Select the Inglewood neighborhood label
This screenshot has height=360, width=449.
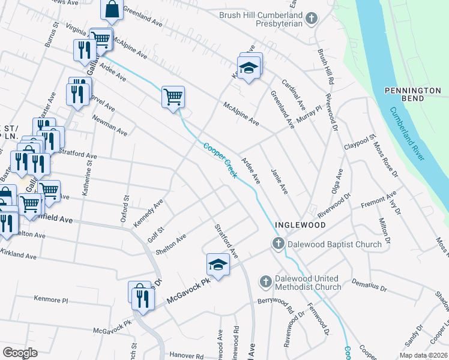[300, 225]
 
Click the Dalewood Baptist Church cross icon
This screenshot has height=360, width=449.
[278, 244]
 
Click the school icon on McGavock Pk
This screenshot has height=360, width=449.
[218, 264]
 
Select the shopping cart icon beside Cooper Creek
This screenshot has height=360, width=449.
[173, 96]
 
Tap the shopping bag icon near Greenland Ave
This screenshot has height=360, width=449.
[112, 9]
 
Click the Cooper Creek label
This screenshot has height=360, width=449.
[220, 160]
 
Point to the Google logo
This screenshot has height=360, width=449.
[20, 353]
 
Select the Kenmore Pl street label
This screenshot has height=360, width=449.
[52, 298]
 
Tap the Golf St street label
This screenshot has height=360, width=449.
[156, 231]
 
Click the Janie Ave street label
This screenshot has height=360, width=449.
[280, 182]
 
